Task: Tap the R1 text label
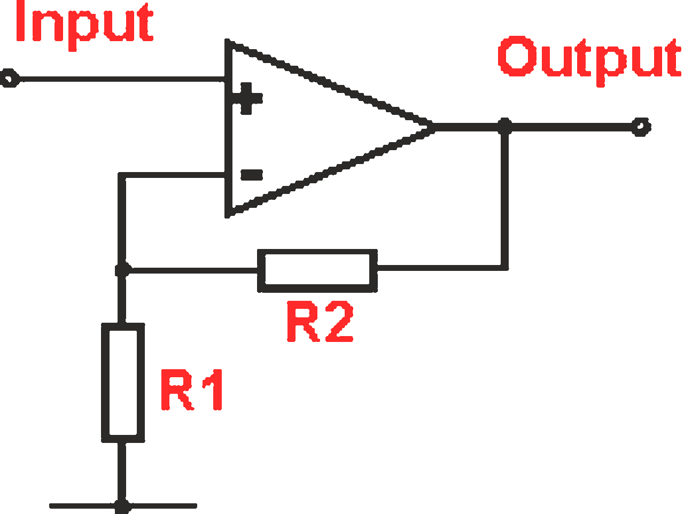pos(192,390)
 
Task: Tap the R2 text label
pos(320,322)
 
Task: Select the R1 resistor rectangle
pos(123,383)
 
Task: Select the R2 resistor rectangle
pos(317,270)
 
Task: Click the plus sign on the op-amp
pos(246,98)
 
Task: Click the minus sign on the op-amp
pos(251,175)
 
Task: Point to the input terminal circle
pos(9,80)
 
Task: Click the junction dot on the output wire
pos(504,127)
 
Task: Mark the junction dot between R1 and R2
pos(122,270)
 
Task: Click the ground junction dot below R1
pos(123,505)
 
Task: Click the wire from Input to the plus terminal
pos(118,80)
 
